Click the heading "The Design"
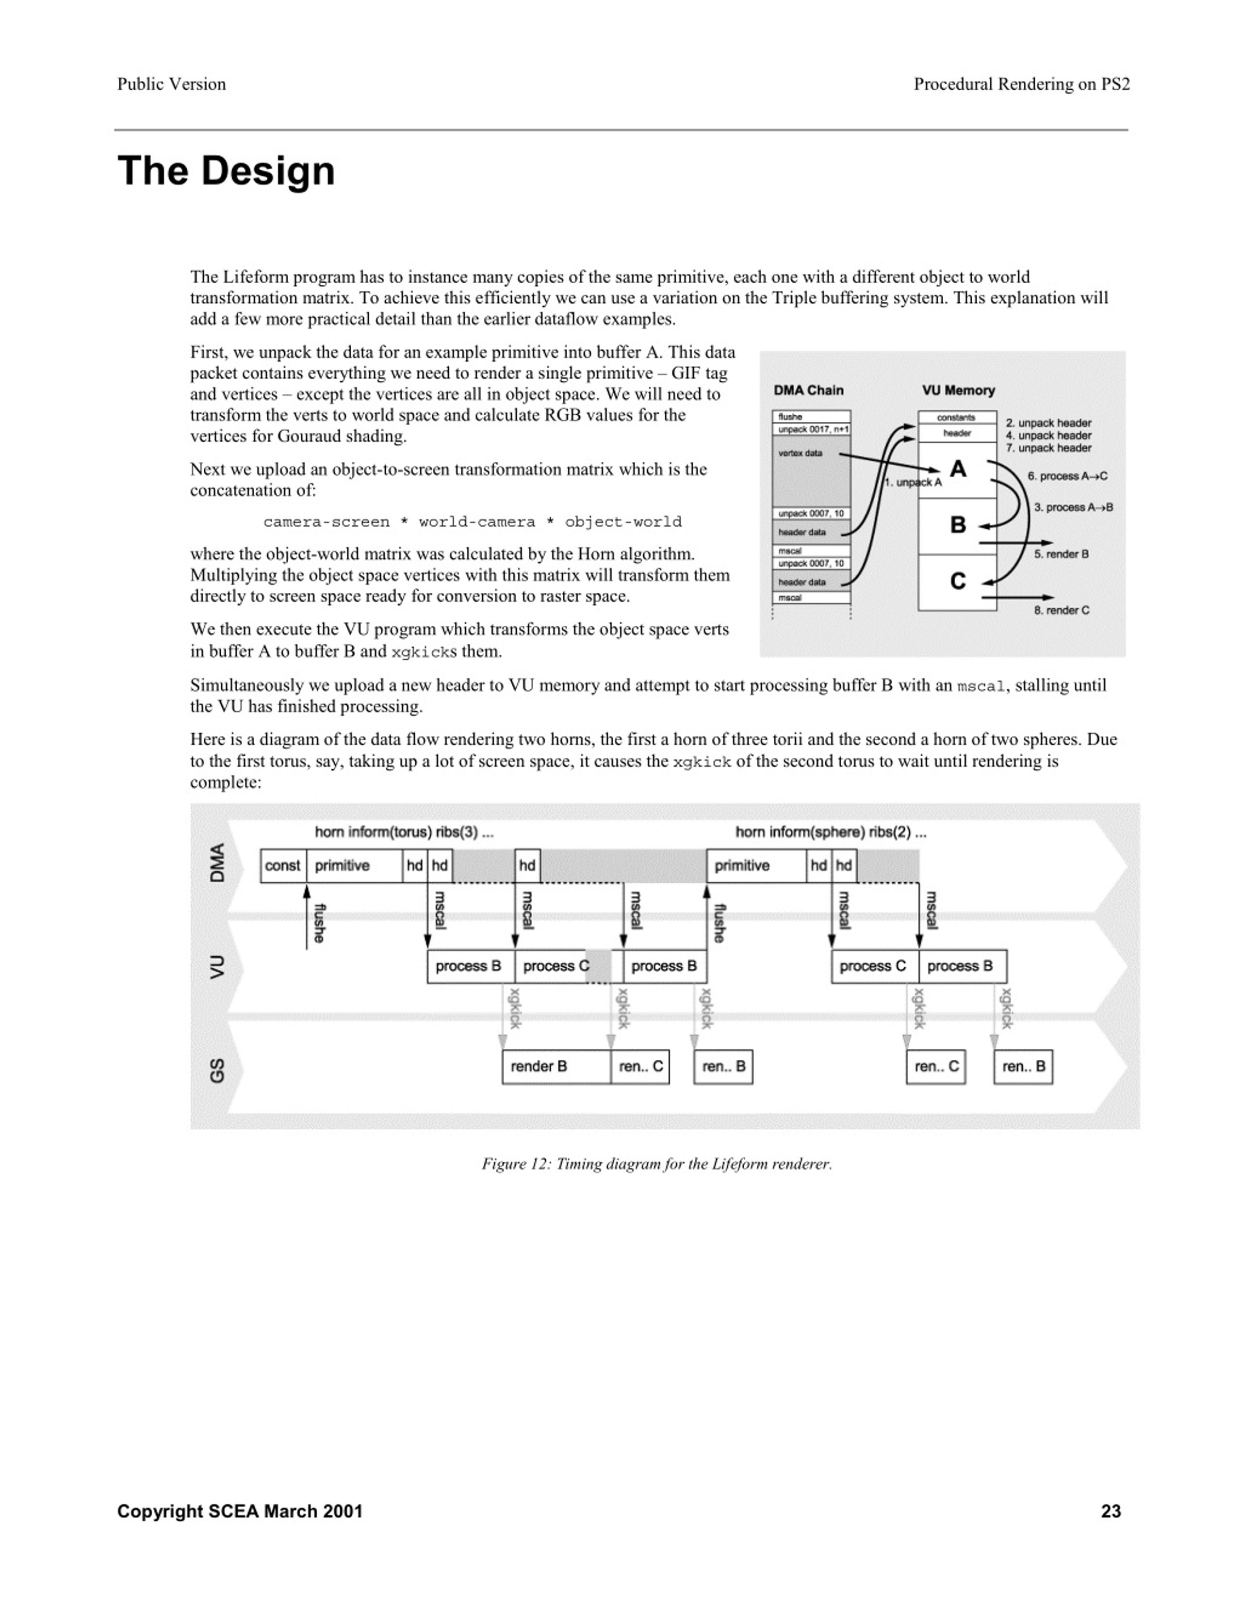[x=226, y=171]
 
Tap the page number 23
[x=1111, y=1511]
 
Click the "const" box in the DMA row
[x=282, y=865]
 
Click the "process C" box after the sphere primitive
[x=873, y=966]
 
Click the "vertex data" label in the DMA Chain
[x=800, y=453]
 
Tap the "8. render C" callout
[x=1062, y=610]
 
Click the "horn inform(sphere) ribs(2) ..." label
[x=831, y=832]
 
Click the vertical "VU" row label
[x=217, y=967]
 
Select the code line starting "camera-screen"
[x=473, y=522]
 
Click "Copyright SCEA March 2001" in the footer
[x=240, y=1511]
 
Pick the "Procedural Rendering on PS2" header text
[x=1021, y=84]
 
